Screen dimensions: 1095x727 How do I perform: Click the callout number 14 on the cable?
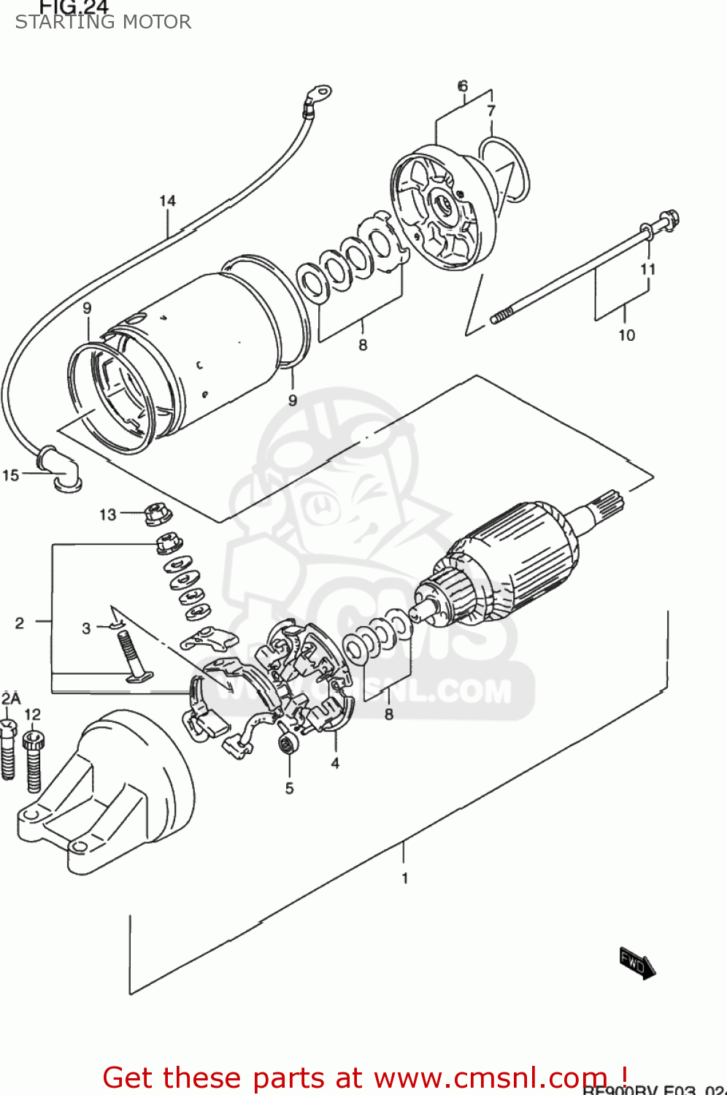pos(167,201)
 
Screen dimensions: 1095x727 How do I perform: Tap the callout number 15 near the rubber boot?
pos(10,475)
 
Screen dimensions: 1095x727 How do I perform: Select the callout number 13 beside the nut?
pos(108,515)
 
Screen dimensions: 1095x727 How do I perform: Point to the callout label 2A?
pos(10,699)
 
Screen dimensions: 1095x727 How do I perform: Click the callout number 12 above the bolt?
pos(32,715)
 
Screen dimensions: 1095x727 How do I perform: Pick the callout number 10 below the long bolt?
pos(626,335)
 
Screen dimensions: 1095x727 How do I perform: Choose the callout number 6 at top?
pos(463,86)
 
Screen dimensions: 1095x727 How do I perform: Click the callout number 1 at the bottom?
pos(404,878)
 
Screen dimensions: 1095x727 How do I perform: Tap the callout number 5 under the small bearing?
pos(289,788)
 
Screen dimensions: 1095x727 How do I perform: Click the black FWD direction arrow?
pos(637,964)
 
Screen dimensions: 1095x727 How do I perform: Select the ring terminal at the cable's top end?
pos(319,93)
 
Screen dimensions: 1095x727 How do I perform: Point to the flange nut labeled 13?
pos(157,515)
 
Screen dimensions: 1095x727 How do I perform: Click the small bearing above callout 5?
pos(286,745)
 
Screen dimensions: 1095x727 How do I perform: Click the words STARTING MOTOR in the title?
pos(103,22)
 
